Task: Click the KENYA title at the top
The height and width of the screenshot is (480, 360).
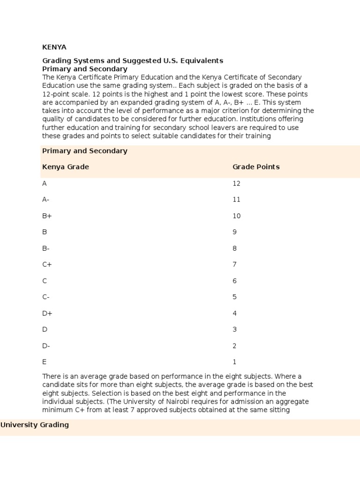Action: coord(54,47)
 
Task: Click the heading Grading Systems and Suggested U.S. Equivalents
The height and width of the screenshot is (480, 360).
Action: coord(133,60)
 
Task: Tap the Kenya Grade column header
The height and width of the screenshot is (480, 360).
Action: coord(66,167)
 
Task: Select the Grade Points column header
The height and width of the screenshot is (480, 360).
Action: coord(256,167)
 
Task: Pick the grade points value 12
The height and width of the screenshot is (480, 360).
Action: coord(236,183)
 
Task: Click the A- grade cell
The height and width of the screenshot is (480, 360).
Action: coord(46,199)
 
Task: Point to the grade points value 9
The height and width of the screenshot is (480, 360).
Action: coord(235,232)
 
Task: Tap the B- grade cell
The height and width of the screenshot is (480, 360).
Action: coord(46,248)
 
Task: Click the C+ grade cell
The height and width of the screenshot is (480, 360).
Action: coord(47,264)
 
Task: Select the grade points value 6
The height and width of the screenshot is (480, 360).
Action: coord(235,281)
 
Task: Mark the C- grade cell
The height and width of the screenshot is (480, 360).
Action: coord(46,297)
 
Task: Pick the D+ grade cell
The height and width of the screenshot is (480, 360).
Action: coord(47,313)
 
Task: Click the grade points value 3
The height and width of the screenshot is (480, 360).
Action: coord(235,330)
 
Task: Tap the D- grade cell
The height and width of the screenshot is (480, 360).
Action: coord(46,346)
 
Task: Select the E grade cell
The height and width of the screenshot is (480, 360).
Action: coord(45,362)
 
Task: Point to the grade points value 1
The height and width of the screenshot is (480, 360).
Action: coord(235,362)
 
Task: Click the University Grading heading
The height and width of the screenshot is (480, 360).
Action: coord(35,425)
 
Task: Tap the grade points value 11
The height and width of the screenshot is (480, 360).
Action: coord(236,199)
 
